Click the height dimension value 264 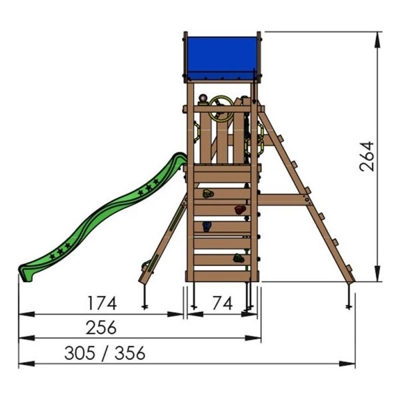(x=367, y=157)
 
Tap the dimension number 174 (x=102, y=303)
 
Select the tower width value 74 (x=223, y=303)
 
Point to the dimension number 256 (x=101, y=327)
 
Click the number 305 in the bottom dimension (x=80, y=353)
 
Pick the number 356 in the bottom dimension (x=130, y=353)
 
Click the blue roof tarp (x=222, y=58)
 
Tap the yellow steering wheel (x=221, y=109)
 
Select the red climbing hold (x=240, y=210)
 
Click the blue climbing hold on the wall (x=207, y=227)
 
